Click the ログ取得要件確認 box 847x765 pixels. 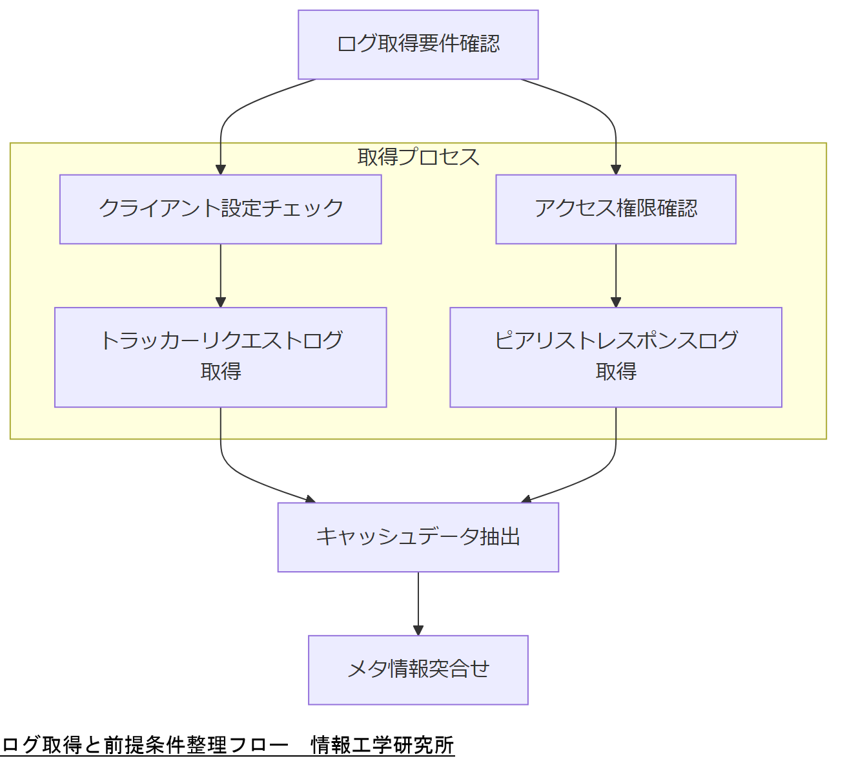pyautogui.click(x=418, y=45)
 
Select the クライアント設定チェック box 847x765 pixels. pyautogui.click(x=220, y=209)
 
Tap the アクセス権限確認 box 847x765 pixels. pyautogui.click(x=615, y=209)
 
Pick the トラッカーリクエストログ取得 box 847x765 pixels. pyautogui.click(x=220, y=357)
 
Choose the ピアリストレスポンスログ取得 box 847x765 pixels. pyautogui.click(x=615, y=357)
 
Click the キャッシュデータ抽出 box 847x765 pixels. pyautogui.click(x=418, y=537)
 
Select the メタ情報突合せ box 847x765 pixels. pyautogui.click(x=418, y=669)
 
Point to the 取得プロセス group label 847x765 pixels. pyautogui.click(x=418, y=157)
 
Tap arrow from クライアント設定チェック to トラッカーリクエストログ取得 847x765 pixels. pyautogui.click(x=221, y=275)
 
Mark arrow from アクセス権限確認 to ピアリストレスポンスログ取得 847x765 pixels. pyautogui.click(x=616, y=275)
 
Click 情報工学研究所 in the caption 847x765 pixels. pyautogui.click(x=382, y=745)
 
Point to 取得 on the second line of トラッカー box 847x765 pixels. pyautogui.click(x=220, y=372)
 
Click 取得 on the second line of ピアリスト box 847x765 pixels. pyautogui.click(x=615, y=372)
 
